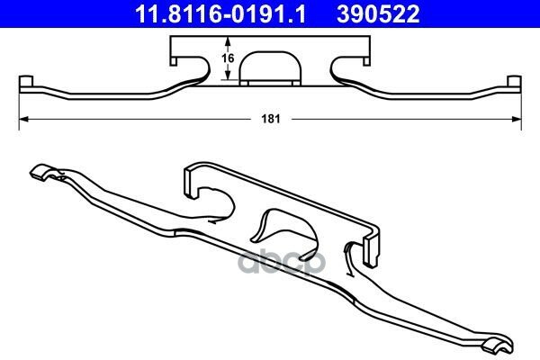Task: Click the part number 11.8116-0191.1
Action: (220, 14)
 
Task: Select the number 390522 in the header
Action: (378, 14)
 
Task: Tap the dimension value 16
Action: (228, 58)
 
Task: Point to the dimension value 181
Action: (271, 119)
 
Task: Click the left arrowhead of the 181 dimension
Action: (23, 119)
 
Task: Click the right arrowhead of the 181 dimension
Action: (517, 119)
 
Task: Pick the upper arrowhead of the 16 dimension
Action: (228, 41)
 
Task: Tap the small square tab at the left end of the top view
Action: (26, 81)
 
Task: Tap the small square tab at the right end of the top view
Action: (515, 81)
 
